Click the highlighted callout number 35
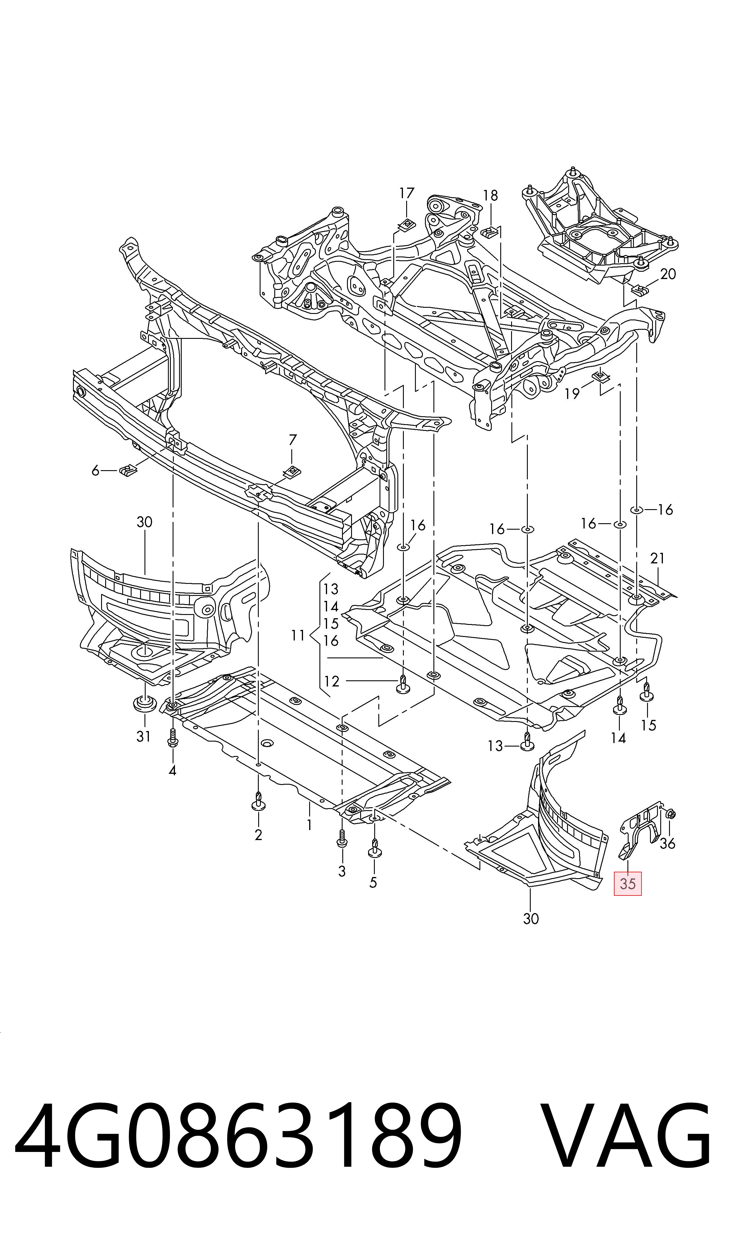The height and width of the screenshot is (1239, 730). point(628,884)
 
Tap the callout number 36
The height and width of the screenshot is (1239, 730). point(668,844)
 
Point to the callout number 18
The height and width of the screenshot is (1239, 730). point(491,196)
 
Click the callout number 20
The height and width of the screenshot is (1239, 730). point(668,274)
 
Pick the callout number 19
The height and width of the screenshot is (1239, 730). point(572,394)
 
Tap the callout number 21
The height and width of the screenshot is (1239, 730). point(658,558)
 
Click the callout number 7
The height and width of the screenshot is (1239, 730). point(293,440)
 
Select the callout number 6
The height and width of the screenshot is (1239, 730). point(96,471)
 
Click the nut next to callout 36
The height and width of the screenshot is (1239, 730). point(672,814)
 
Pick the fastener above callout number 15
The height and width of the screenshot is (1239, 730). point(646,693)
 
